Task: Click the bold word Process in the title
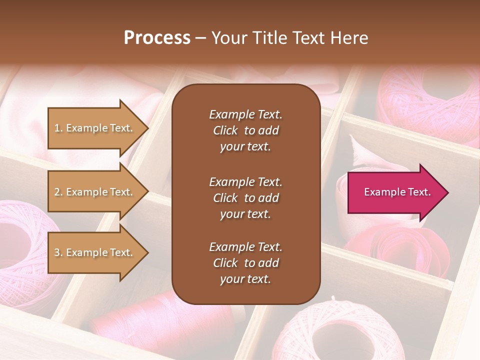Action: click(x=157, y=38)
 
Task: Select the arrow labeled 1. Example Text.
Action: click(x=95, y=128)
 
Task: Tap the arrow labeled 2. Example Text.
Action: click(x=95, y=192)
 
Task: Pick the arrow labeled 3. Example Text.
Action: click(x=95, y=252)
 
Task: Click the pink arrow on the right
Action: click(x=395, y=192)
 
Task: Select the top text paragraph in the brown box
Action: click(x=245, y=130)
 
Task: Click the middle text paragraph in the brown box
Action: click(x=245, y=198)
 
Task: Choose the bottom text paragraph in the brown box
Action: click(x=245, y=263)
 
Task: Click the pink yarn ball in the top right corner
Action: click(x=430, y=100)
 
